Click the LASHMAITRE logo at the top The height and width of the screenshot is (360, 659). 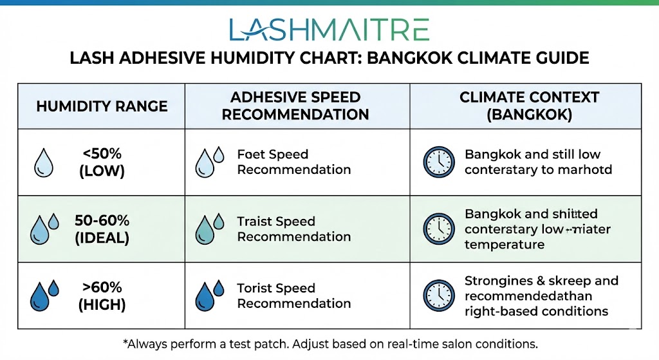point(329,29)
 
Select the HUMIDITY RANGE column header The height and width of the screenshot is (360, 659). point(102,106)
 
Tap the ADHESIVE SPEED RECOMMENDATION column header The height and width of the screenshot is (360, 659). point(295,106)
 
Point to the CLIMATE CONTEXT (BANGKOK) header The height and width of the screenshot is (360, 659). point(529,106)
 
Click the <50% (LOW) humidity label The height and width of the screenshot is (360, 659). point(103,162)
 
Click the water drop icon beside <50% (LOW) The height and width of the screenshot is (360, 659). point(44,163)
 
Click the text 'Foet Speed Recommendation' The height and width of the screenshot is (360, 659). point(293,162)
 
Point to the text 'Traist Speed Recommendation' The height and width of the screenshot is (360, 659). point(293,229)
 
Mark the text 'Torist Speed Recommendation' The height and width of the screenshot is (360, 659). point(293,296)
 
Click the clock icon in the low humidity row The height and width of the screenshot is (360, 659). point(438,162)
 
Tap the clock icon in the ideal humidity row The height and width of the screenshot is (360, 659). point(438,229)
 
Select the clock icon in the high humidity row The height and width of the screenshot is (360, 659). point(438,296)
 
